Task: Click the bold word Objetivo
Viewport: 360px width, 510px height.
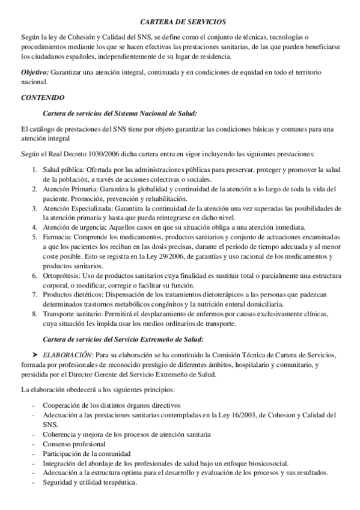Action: pyautogui.click(x=34, y=72)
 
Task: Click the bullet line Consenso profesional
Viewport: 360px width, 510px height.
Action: pyautogui.click(x=74, y=444)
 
